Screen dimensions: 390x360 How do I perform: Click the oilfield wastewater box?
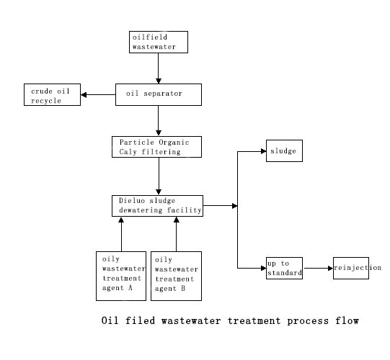pyautogui.click(x=159, y=42)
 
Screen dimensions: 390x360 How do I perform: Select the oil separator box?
pyautogui.click(x=159, y=94)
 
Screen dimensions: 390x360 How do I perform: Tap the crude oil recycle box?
pyautogui.click(x=52, y=94)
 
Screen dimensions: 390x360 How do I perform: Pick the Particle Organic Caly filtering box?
pyautogui.click(x=156, y=147)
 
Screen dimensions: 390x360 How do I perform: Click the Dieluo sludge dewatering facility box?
pyautogui.click(x=157, y=206)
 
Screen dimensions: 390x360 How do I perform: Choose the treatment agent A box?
pyautogui.click(x=121, y=276)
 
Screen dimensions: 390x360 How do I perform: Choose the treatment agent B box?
pyautogui.click(x=176, y=276)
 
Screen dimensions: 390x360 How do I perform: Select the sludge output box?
pyautogui.click(x=284, y=150)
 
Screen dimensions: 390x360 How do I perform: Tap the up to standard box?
pyautogui.click(x=284, y=268)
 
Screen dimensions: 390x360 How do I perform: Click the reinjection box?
pyautogui.click(x=351, y=268)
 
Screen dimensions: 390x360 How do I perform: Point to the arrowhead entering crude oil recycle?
pyautogui.click(x=84, y=95)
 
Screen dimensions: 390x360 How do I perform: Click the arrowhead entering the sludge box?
pyautogui.click(x=263, y=151)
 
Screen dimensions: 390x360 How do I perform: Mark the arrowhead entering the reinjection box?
pyautogui.click(x=331, y=269)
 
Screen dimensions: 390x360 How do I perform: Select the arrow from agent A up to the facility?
pyautogui.click(x=121, y=234)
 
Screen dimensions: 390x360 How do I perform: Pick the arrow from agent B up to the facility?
pyautogui.click(x=177, y=234)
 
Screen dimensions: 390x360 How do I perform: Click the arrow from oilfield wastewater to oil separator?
pyautogui.click(x=159, y=68)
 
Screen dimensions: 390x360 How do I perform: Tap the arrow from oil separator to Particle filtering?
pyautogui.click(x=159, y=121)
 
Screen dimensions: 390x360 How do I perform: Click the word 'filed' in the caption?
pyautogui.click(x=141, y=320)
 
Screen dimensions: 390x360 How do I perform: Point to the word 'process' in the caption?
pyautogui.click(x=308, y=321)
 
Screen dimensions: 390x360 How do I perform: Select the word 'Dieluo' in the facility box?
pyautogui.click(x=132, y=200)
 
